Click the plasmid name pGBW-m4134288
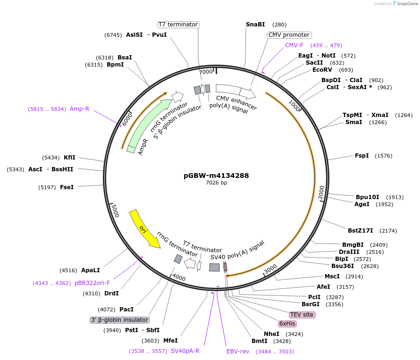pyautogui.click(x=216, y=176)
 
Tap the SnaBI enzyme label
pyautogui.click(x=255, y=25)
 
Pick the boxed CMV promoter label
pyautogui.click(x=289, y=35)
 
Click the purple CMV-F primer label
pyautogui.click(x=294, y=45)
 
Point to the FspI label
pyautogui.click(x=361, y=156)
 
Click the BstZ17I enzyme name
pyautogui.click(x=360, y=231)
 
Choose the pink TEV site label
pyautogui.click(x=302, y=315)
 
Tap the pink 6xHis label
pyautogui.click(x=287, y=324)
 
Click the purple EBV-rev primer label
pyautogui.click(x=237, y=352)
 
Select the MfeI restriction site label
pyautogui.click(x=170, y=341)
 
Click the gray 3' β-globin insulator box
pyautogui.click(x=119, y=320)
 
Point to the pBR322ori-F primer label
pyautogui.click(x=92, y=283)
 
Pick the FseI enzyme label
pyautogui.click(x=67, y=187)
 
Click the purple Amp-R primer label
pyautogui.click(x=79, y=109)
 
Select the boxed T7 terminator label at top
pyautogui.click(x=178, y=25)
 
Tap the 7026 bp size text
pyautogui.click(x=216, y=183)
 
